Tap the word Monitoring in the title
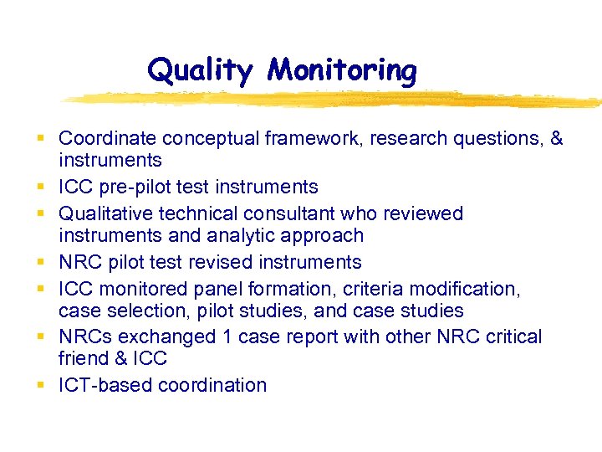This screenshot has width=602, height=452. (x=341, y=70)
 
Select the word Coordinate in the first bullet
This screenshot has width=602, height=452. (x=108, y=138)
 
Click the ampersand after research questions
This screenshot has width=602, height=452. (x=556, y=138)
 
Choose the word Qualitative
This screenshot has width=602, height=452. (x=108, y=213)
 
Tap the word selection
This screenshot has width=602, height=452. (x=131, y=311)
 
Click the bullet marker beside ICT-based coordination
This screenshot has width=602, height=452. (x=41, y=385)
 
